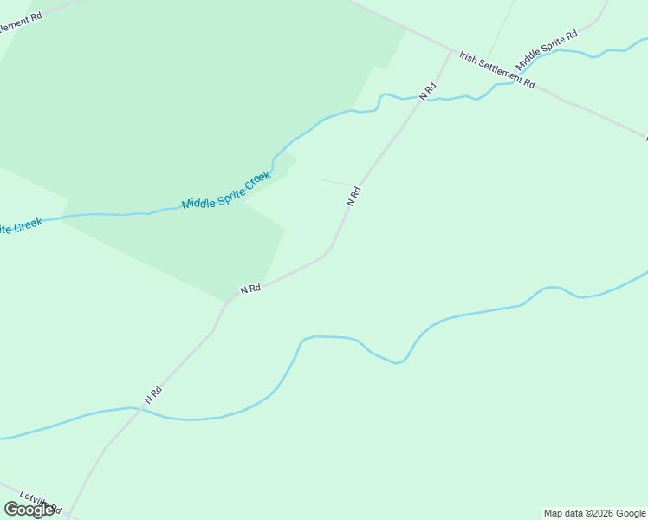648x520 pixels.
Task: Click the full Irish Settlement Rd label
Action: pyautogui.click(x=497, y=69)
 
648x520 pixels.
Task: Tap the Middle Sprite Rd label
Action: pyautogui.click(x=546, y=51)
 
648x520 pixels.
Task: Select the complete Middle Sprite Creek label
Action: pyautogui.click(x=226, y=191)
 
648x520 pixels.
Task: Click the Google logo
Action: pyautogui.click(x=29, y=510)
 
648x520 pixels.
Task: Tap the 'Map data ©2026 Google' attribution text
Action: pyautogui.click(x=594, y=513)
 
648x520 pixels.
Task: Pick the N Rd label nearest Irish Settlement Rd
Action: pyautogui.click(x=428, y=90)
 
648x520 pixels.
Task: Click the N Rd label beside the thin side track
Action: pyautogui.click(x=353, y=196)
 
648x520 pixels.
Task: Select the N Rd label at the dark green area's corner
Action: pyautogui.click(x=250, y=289)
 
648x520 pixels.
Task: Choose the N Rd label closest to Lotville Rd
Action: pyautogui.click(x=153, y=394)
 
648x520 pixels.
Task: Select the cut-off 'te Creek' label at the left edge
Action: pyautogui.click(x=19, y=227)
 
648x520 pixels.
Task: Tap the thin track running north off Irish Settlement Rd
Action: pyautogui.click(x=501, y=35)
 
